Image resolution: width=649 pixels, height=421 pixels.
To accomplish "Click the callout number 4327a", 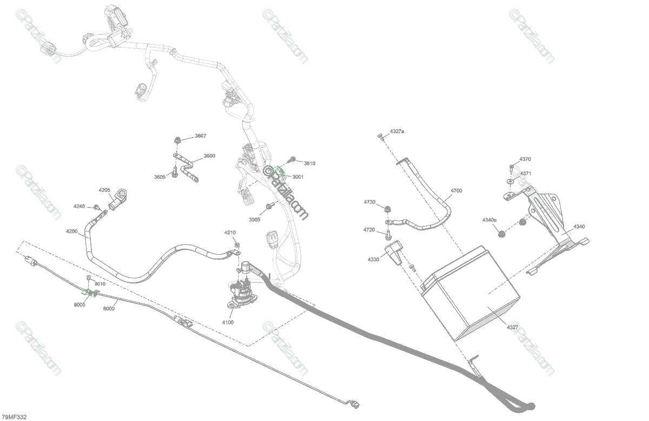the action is coord(396,132).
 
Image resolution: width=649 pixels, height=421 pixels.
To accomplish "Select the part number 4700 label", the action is coord(456,191).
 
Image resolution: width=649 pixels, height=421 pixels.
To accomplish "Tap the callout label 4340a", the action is coord(489,220).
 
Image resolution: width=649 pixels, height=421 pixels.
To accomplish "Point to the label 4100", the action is coord(228,322).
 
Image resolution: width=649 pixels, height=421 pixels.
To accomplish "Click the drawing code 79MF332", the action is coord(14,417).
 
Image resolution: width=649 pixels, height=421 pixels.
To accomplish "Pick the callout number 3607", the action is coord(200,135).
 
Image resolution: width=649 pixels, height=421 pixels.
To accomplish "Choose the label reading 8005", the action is coord(80,305).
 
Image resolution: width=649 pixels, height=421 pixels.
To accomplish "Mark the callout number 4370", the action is coord(525,159).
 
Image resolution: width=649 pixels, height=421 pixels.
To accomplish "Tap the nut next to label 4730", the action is coord(387,209).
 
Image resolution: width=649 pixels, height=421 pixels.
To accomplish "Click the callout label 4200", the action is coord(72,231).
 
